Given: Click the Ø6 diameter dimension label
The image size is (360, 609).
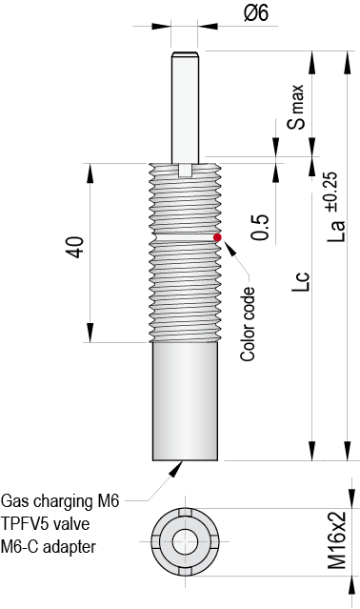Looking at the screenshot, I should [x=256, y=12].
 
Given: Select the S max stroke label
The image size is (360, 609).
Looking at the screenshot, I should [x=298, y=106].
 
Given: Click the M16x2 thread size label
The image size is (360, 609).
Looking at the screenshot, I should [x=337, y=540].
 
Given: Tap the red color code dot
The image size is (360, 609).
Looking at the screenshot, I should [x=217, y=237].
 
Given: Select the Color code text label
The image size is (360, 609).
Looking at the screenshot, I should [x=249, y=323].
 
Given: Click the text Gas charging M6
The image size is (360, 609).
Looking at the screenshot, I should [x=60, y=500].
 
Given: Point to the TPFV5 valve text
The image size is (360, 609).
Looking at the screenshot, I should [x=48, y=523].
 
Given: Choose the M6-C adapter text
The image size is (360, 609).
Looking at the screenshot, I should [x=49, y=546].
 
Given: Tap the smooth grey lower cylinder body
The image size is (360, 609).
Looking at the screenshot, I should [x=185, y=400].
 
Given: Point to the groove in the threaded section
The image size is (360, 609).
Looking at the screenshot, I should [x=185, y=234].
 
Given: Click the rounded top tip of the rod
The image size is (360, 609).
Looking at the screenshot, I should [x=185, y=54].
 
